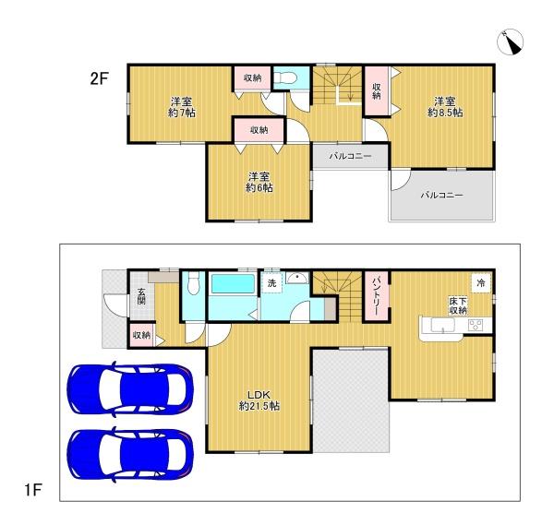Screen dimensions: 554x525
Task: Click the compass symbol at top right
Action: click(511, 42)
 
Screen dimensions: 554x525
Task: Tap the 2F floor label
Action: click(99, 78)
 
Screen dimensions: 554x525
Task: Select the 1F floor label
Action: click(33, 490)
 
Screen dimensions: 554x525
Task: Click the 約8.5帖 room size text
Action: click(445, 113)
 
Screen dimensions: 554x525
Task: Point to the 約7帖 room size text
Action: click(182, 113)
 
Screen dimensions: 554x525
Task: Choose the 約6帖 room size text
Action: click(259, 187)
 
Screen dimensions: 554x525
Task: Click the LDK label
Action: click(259, 394)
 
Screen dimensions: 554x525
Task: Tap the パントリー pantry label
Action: click(376, 296)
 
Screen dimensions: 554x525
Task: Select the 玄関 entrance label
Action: click(141, 296)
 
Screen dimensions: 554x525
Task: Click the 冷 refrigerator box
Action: click(481, 282)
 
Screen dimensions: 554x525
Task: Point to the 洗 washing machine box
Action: click(271, 282)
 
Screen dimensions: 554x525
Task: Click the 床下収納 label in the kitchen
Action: click(458, 305)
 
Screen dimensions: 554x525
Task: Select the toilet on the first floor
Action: click(193, 283)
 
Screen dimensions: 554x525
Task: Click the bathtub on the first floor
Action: click(233, 284)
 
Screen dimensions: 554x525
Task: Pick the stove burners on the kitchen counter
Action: click(476, 325)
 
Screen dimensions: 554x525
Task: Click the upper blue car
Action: click(130, 388)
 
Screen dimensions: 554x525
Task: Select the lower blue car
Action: click(130, 454)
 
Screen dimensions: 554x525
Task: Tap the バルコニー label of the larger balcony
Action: click(441, 196)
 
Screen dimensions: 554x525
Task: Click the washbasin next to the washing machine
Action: click(297, 279)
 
